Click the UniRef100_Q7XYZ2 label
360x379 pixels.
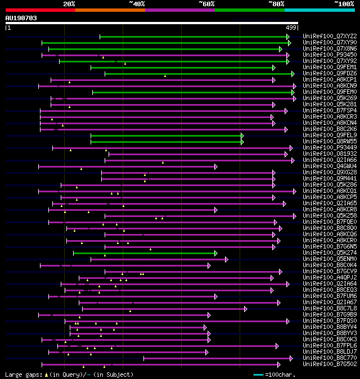click(x=330, y=37)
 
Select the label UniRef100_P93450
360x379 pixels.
click(x=330, y=55)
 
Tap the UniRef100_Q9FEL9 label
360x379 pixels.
click(x=330, y=136)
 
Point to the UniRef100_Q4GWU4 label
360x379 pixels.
click(x=330, y=166)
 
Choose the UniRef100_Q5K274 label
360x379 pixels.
click(x=330, y=253)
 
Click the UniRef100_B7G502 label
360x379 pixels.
click(x=330, y=364)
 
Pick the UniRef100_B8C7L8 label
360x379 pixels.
click(x=330, y=309)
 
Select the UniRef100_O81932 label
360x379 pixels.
click(x=330, y=154)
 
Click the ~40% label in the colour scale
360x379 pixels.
click(x=137, y=3)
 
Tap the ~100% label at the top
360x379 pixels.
click(x=344, y=3)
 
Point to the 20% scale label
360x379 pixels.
click(x=69, y=3)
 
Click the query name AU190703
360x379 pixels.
click(x=21, y=18)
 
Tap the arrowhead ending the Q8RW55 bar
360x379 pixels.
click(x=242, y=142)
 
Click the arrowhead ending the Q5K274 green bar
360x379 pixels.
click(x=215, y=253)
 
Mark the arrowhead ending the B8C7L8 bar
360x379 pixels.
click(x=245, y=309)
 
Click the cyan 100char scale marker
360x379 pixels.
click(x=258, y=375)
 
